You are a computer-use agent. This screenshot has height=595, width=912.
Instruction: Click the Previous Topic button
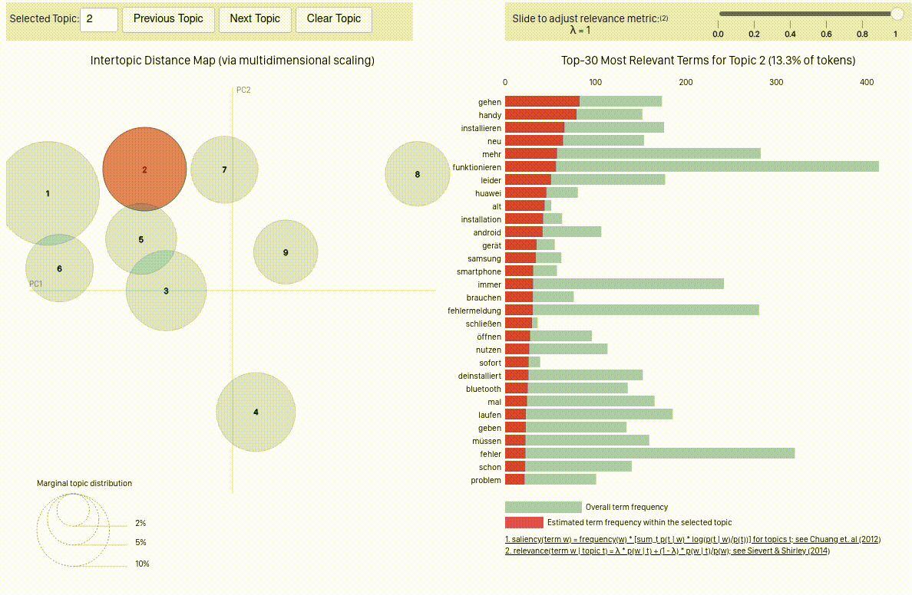168,19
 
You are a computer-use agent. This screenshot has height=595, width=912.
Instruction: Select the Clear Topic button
333,19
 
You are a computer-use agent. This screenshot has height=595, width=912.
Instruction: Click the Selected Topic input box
98,19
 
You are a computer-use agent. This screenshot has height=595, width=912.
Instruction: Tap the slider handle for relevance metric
896,13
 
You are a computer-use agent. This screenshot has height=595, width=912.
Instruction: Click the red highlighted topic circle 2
144,169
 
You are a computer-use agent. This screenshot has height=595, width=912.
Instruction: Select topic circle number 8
417,174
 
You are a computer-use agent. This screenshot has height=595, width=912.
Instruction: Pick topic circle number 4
256,412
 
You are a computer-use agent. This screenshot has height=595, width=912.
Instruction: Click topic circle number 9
286,252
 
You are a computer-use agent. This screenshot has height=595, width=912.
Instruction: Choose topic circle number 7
224,169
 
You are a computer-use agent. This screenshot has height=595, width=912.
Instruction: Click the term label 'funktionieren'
477,167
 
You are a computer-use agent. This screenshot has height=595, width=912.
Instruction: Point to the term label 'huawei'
488,193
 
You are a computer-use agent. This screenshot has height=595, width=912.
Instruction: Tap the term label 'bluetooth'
483,389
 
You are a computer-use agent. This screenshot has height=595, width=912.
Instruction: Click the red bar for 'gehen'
542,102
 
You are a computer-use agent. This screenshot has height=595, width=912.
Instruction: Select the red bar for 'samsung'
520,258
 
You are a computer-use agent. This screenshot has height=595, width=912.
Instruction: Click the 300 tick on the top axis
776,82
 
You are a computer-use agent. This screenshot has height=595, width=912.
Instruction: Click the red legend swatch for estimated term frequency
524,522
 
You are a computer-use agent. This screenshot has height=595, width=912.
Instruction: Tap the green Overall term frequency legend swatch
543,507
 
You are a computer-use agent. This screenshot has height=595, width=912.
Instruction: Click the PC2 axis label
243,90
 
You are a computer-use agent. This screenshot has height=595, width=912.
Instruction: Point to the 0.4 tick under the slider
790,34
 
